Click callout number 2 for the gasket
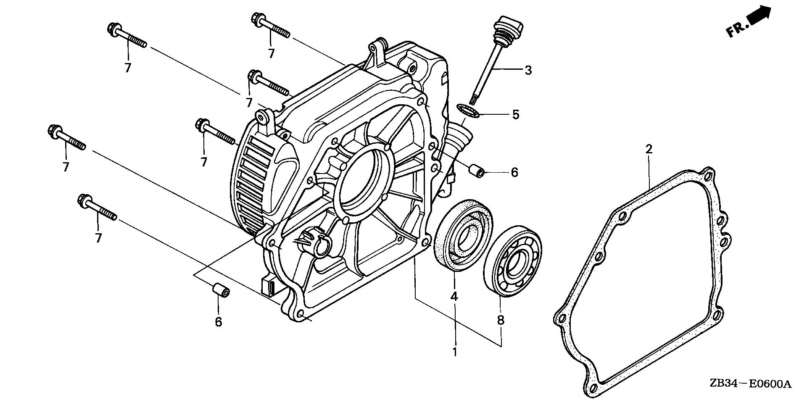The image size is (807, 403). tap(649, 149)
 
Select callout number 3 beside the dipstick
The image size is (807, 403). tap(528, 70)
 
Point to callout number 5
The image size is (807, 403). tap(515, 114)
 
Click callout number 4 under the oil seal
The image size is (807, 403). tap(454, 296)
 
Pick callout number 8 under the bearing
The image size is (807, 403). tap(500, 320)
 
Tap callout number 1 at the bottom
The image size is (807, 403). tap(454, 351)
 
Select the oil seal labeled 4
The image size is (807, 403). tap(464, 237)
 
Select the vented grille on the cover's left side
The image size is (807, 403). tap(252, 181)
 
